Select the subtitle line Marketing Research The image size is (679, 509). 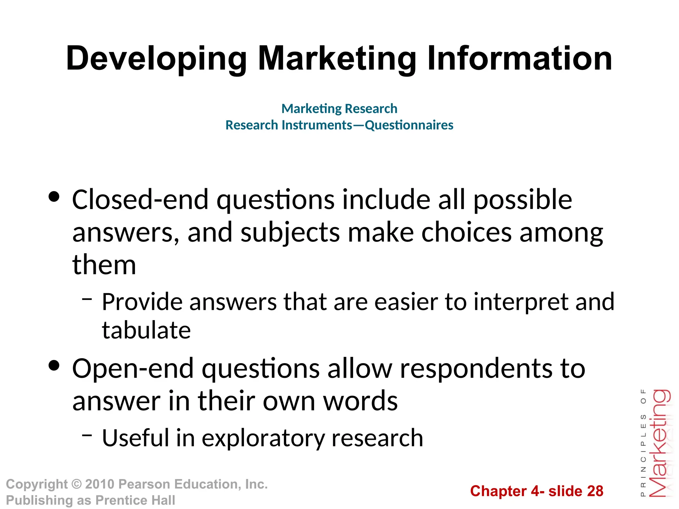click(339, 108)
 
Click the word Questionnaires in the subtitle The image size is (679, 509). click(409, 125)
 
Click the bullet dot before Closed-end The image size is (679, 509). click(54, 197)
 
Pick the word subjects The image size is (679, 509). click(290, 233)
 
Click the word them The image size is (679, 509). click(104, 265)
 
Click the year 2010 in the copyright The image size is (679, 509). click(99, 484)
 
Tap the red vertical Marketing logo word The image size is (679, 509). click(660, 444)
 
